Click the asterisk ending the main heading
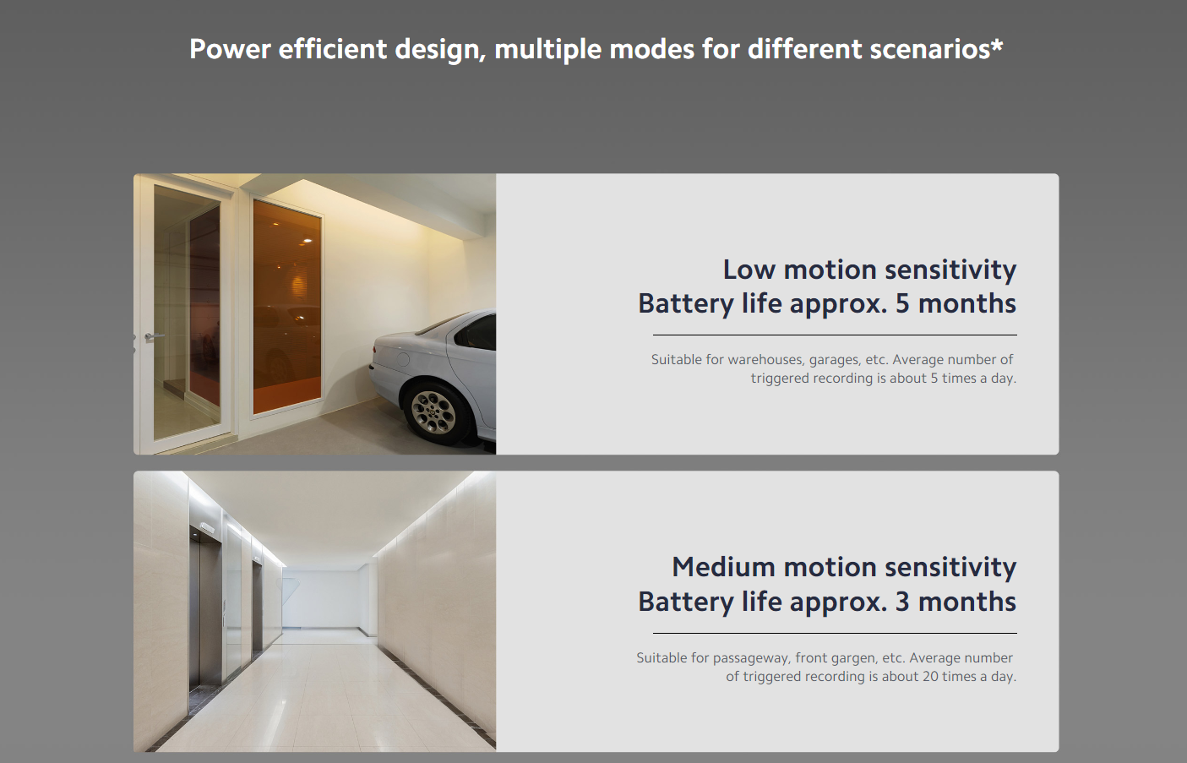pyautogui.click(x=997, y=43)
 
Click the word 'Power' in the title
pyautogui.click(x=230, y=49)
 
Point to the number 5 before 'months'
pyautogui.click(x=902, y=303)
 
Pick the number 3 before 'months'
pyautogui.click(x=902, y=602)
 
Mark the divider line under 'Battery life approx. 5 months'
pyautogui.click(x=835, y=335)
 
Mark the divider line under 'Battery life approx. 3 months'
pyautogui.click(x=835, y=633)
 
